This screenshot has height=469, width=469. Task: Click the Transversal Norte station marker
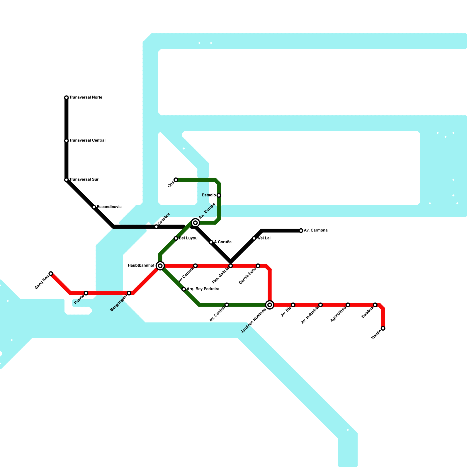(x=67, y=98)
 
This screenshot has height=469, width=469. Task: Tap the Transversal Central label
(x=87, y=141)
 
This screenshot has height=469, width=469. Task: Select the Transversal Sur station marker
(x=67, y=180)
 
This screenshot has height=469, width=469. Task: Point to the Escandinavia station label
(x=109, y=207)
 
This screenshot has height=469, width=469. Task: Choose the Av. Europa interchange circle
(x=196, y=223)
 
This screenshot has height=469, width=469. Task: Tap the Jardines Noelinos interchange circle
(x=270, y=305)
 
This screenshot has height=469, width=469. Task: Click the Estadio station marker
(x=219, y=196)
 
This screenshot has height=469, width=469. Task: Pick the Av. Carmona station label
(x=315, y=230)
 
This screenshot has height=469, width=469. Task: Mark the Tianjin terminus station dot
(x=383, y=328)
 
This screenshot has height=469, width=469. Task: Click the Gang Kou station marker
(x=51, y=273)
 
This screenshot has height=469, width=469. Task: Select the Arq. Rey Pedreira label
(x=203, y=289)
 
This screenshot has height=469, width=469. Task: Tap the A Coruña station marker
(x=211, y=242)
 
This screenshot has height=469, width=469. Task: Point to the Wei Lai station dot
(x=254, y=238)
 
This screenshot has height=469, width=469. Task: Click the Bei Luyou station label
(x=188, y=238)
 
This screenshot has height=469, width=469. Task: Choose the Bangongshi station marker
(x=129, y=293)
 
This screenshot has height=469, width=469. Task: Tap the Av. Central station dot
(x=227, y=305)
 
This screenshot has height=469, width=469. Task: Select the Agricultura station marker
(x=348, y=305)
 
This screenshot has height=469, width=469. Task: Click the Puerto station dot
(x=86, y=293)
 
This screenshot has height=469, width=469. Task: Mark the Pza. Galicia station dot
(x=231, y=266)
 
